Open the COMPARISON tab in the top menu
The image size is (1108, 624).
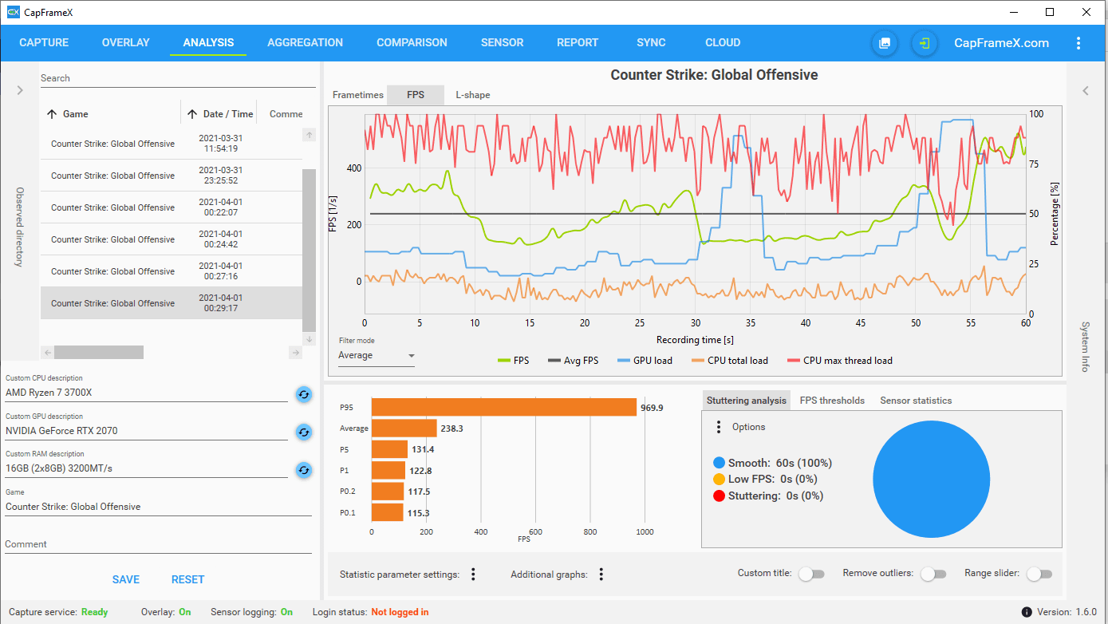[412, 42]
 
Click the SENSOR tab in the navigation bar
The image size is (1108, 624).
[502, 42]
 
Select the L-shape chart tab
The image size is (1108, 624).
[472, 95]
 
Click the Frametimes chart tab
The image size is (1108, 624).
[357, 95]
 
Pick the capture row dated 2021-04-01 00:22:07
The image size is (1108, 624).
[172, 207]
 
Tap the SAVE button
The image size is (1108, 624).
[126, 579]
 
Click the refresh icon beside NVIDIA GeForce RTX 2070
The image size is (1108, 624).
[304, 432]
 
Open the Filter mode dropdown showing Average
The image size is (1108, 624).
[376, 355]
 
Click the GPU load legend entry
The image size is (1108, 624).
[645, 361]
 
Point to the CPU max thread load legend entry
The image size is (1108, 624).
[839, 361]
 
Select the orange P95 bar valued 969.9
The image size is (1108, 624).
[503, 407]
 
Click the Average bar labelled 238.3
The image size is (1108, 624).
[404, 428]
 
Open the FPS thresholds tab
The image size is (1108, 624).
[832, 401]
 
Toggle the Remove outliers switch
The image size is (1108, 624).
[934, 574]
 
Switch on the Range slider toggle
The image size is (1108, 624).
[1039, 574]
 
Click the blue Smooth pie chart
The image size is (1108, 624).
[931, 479]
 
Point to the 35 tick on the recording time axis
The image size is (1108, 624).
[751, 323]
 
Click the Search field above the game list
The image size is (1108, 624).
[178, 78]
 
